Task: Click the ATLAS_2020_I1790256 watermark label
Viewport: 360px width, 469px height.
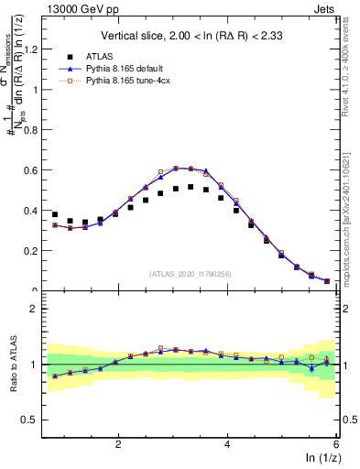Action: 191,273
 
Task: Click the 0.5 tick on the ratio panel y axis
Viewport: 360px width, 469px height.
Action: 29,420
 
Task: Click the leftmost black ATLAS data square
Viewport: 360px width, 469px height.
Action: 55,214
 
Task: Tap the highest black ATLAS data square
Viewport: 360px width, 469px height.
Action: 191,187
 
